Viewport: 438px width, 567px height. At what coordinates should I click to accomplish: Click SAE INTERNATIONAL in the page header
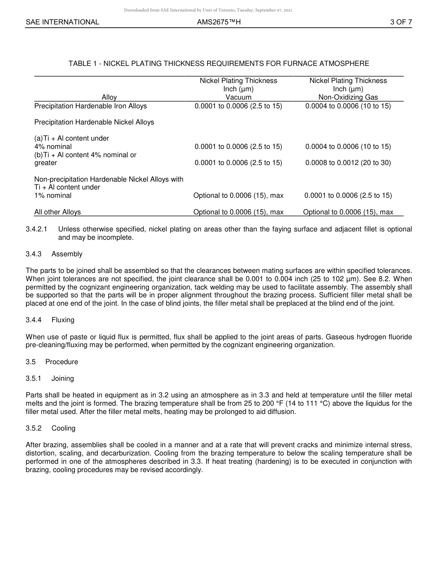[62, 22]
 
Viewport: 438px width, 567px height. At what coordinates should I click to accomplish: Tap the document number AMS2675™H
[219, 22]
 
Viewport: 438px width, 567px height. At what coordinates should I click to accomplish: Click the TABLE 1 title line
[219, 64]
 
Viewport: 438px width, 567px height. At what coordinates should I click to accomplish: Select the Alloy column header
[109, 97]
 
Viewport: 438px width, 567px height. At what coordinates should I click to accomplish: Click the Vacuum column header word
[238, 97]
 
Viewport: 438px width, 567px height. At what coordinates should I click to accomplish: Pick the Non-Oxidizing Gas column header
[348, 97]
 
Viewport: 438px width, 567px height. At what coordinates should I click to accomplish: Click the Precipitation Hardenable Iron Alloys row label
[90, 106]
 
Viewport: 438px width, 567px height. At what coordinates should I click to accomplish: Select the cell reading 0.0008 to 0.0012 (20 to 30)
[348, 163]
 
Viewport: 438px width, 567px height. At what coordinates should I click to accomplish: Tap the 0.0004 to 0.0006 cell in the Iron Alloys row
[348, 106]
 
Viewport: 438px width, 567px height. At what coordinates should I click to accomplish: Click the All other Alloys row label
[58, 212]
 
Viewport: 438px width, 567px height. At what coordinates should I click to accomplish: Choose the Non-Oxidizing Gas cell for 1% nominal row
[348, 195]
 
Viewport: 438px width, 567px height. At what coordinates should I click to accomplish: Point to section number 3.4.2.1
[36, 229]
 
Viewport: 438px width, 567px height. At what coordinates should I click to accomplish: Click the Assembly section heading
[67, 254]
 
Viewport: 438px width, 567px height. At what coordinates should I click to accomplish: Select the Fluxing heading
[63, 320]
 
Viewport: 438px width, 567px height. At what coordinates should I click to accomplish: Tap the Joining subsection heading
[63, 378]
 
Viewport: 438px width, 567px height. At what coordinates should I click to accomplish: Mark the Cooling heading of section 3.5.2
[64, 428]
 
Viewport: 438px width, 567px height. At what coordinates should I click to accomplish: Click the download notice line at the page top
[208, 10]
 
